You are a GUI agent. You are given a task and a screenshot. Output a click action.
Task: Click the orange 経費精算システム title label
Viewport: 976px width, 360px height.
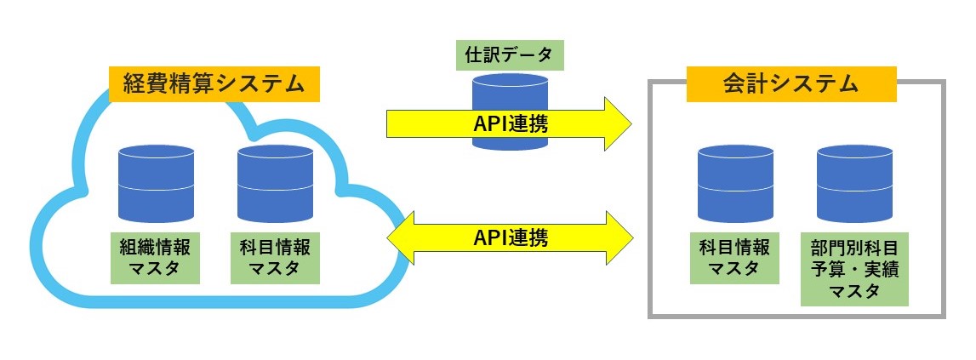pos(214,84)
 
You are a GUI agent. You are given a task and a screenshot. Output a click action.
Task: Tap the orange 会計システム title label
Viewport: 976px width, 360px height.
pos(791,84)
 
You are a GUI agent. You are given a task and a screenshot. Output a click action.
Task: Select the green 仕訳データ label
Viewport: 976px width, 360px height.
pos(509,54)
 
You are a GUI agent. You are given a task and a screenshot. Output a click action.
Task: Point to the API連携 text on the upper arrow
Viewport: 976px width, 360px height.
pos(510,124)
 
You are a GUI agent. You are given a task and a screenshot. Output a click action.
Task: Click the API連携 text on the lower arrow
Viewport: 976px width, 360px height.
pos(510,238)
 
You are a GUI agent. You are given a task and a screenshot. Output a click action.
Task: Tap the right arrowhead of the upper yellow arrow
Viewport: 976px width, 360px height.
pos(618,123)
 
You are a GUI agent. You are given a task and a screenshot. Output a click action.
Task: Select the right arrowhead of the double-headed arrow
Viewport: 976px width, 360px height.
pos(619,237)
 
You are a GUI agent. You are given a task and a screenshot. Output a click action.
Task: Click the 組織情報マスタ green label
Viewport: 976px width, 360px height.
pos(155,258)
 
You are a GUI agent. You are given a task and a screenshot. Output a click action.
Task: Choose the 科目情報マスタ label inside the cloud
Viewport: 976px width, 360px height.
pos(275,258)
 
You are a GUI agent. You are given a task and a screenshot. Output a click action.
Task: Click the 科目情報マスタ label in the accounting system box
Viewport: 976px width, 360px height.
pos(734,258)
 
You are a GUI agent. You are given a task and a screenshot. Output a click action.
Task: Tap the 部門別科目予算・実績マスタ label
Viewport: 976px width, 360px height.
pos(854,269)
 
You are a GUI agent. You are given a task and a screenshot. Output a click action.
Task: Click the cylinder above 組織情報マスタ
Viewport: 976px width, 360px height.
pos(156,184)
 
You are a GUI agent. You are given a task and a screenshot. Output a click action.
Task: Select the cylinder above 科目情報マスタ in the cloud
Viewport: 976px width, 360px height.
pos(275,184)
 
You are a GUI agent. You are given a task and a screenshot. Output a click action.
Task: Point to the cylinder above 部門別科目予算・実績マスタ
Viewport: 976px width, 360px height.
pos(854,184)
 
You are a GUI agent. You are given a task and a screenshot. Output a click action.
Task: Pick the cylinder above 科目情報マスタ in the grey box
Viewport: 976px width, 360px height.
pos(735,184)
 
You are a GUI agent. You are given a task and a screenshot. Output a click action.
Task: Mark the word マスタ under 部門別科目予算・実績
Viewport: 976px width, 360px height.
pos(854,291)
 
